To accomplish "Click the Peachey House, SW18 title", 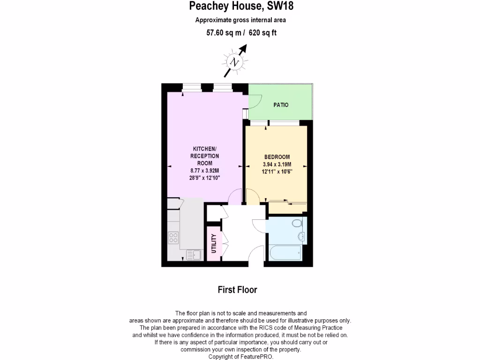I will [241, 6].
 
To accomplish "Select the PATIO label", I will [281, 105].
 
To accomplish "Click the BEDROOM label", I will [277, 157].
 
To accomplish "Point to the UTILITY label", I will [214, 243].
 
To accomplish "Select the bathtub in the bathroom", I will [285, 253].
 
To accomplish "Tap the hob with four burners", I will [173, 238].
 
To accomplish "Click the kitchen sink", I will [193, 255].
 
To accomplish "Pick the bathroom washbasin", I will [302, 235].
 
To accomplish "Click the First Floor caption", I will [237, 290].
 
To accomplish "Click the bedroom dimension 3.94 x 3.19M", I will [277, 165].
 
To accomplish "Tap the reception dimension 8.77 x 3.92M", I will [205, 171].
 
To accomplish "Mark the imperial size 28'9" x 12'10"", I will [205, 178].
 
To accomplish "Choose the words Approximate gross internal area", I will [240, 20].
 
